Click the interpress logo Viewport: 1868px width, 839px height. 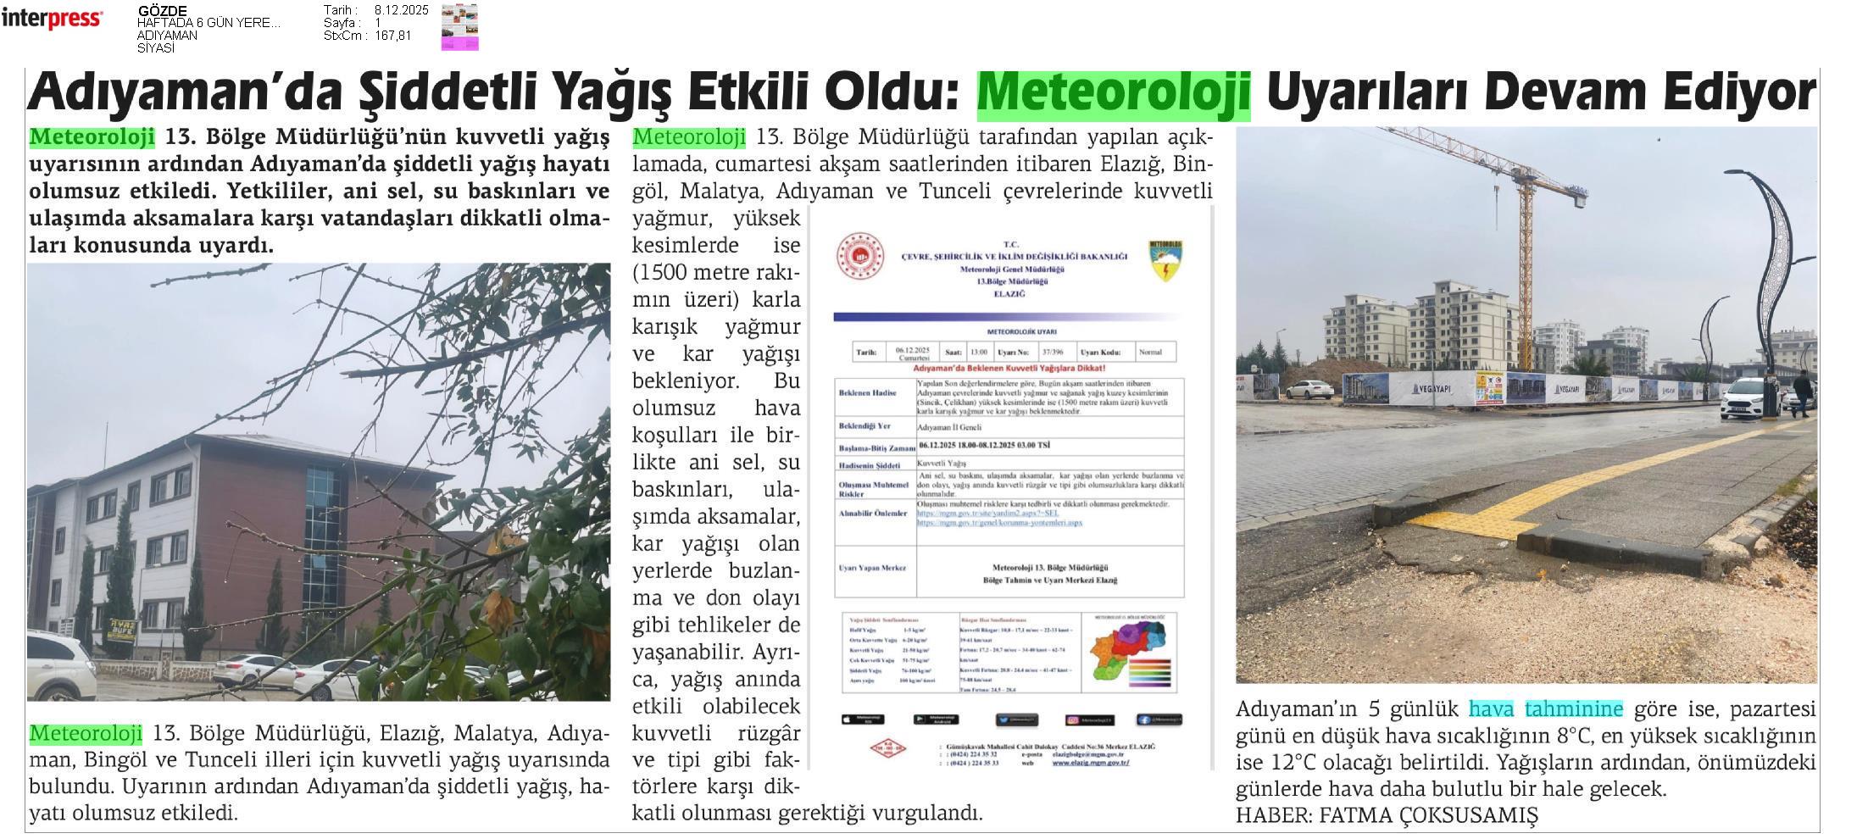point(52,19)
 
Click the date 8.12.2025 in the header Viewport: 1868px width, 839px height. point(401,10)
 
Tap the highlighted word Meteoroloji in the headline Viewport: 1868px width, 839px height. point(1113,93)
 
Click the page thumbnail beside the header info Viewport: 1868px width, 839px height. point(459,27)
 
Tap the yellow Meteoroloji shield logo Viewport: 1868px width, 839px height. point(1166,260)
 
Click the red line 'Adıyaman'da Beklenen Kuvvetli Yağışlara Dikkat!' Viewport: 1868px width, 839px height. point(1008,369)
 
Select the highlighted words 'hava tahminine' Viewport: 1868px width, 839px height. point(1545,709)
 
